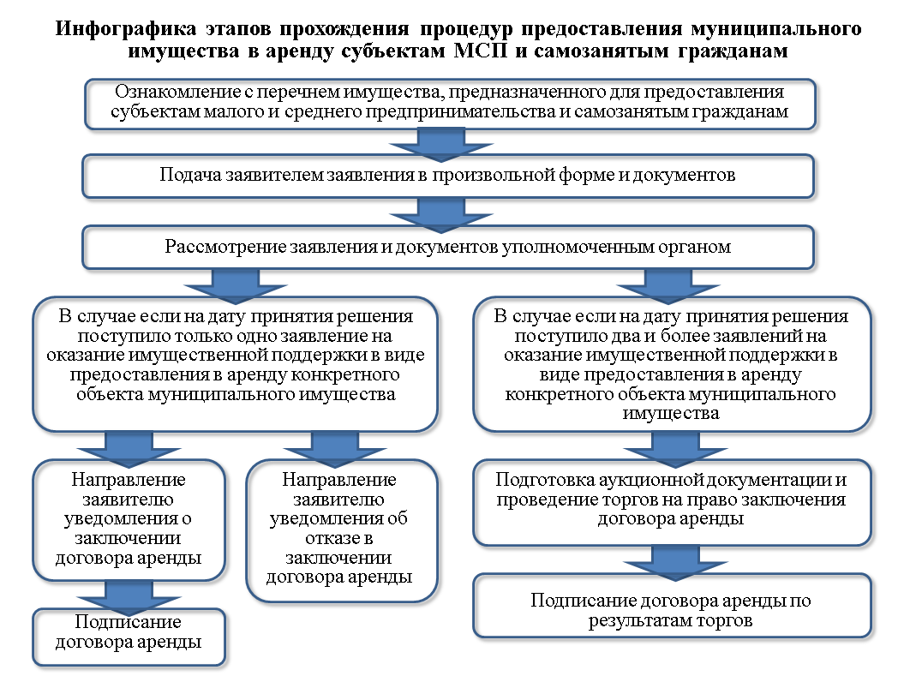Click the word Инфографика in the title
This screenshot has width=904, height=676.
coord(125,28)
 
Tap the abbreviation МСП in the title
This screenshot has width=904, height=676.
coord(480,51)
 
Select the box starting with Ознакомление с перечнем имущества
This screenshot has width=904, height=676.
coord(450,104)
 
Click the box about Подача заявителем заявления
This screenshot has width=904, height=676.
coord(448,176)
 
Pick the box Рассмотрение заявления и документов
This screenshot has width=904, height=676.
coord(448,248)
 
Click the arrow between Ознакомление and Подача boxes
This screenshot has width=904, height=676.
coord(441,144)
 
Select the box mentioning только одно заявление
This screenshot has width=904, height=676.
coord(236,364)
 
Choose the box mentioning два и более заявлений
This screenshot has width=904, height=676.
coord(672,364)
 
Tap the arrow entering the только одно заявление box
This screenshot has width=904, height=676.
coord(236,286)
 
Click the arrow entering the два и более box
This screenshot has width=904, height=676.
coord(668,286)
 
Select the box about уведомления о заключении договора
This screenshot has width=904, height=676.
coord(129,520)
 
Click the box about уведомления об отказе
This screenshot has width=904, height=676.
coord(342,530)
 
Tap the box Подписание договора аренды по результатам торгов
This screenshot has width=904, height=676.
coord(672,606)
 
